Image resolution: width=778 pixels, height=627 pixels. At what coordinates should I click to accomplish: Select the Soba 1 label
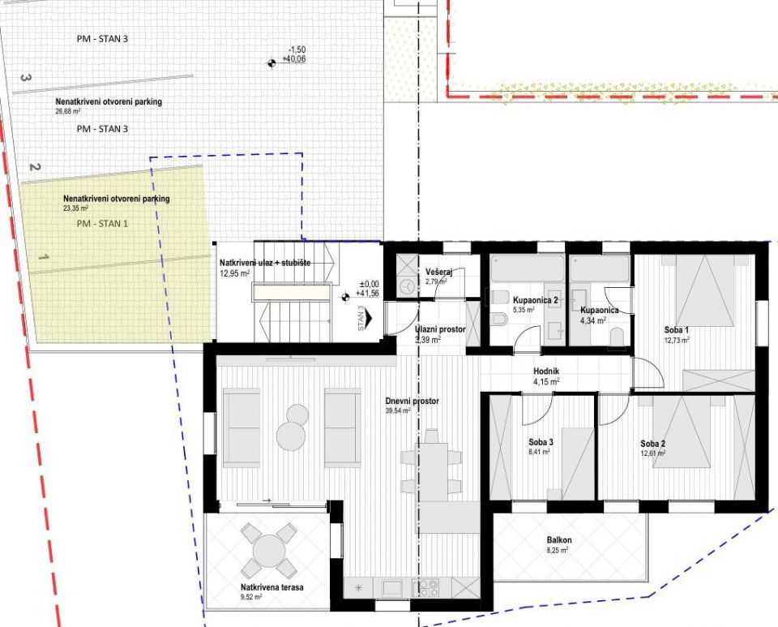click(x=676, y=330)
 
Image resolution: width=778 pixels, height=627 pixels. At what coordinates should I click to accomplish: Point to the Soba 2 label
click(x=652, y=444)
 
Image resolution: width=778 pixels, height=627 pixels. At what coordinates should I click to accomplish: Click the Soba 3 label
click(x=540, y=442)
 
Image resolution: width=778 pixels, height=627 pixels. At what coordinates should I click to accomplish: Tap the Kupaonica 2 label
click(x=536, y=300)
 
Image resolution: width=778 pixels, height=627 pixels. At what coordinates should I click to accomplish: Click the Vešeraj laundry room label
click(x=438, y=272)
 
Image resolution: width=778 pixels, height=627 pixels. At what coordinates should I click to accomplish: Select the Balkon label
click(x=558, y=540)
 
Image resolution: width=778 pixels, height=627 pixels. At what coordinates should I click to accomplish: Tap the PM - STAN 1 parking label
click(x=102, y=223)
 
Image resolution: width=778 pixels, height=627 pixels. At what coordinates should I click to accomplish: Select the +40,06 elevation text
click(x=293, y=59)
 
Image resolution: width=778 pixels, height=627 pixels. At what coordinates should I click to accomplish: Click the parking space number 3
click(x=25, y=79)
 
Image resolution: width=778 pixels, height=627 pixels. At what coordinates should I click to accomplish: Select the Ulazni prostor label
click(x=440, y=329)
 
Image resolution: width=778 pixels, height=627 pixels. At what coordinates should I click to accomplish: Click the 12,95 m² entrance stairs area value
click(x=234, y=273)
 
